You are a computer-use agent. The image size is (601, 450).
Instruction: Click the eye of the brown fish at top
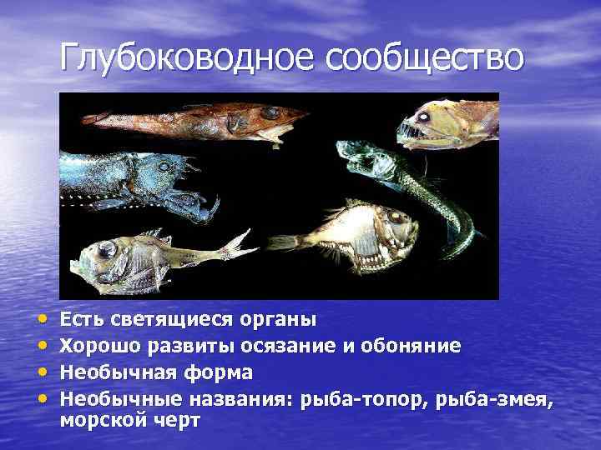tap(269, 112)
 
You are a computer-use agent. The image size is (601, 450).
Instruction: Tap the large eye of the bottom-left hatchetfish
tap(108, 251)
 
